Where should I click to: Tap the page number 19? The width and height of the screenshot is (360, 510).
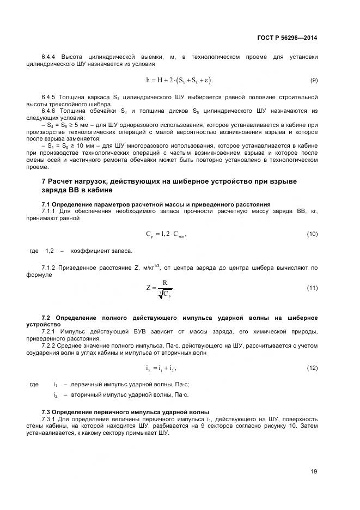tap(314, 471)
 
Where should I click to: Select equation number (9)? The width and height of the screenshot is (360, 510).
tap(314, 80)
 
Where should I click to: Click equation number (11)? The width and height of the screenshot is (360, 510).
tap(312, 288)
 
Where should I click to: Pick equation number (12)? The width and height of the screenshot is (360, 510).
tap(312, 368)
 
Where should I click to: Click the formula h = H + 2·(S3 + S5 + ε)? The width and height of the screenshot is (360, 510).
tap(180, 80)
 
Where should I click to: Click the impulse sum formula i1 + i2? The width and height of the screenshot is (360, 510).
tap(161, 369)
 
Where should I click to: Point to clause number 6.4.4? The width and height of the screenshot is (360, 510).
tap(50, 57)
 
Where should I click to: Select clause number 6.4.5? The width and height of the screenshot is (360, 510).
tap(50, 97)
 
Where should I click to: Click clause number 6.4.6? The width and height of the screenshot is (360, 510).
tap(50, 111)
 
